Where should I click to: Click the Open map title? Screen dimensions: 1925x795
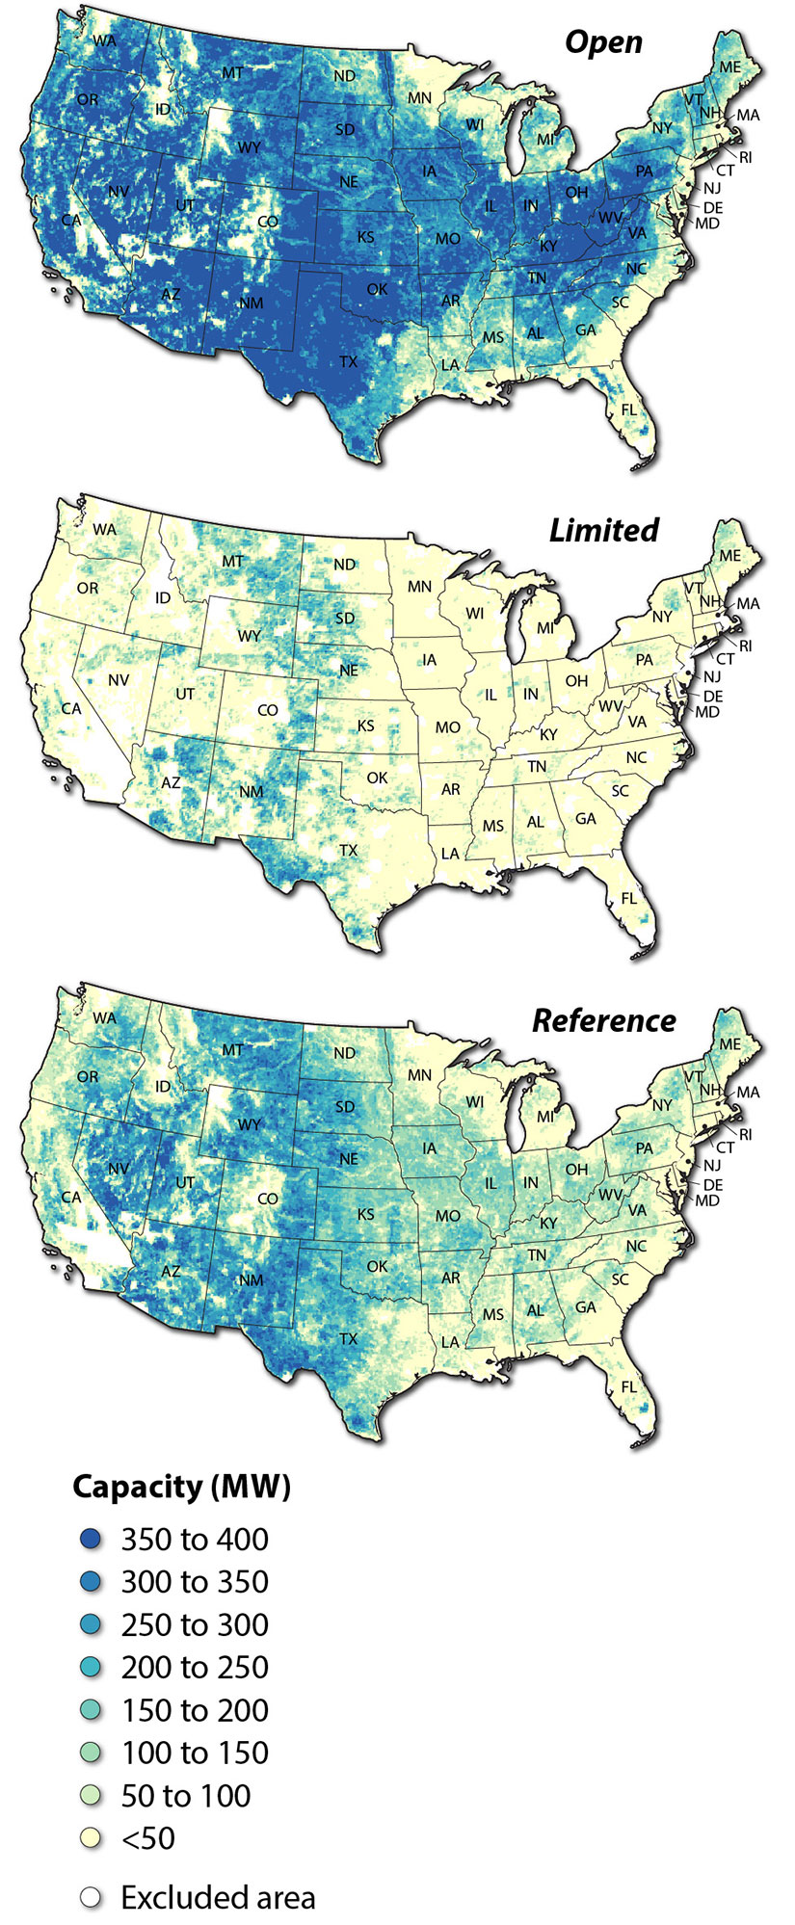tap(603, 41)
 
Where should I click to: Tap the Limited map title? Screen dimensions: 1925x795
tap(603, 530)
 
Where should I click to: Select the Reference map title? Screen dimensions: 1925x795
tap(603, 1020)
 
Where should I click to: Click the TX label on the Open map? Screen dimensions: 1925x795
tap(348, 362)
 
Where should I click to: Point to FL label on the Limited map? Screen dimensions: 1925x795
tap(629, 898)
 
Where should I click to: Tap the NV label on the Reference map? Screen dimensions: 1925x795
tap(119, 1169)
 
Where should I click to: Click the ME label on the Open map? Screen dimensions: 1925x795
tap(729, 66)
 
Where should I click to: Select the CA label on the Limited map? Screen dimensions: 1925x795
tap(71, 708)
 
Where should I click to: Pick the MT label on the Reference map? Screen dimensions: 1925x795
tap(232, 1050)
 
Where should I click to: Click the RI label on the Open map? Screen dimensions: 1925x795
tap(746, 156)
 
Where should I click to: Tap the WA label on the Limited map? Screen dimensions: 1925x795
tap(104, 530)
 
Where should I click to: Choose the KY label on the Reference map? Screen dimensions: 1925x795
tap(548, 1224)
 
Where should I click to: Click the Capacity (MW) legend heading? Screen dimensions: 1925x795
tap(181, 1487)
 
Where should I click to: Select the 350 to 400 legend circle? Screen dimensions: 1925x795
tap(91, 1540)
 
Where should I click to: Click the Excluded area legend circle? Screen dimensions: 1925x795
tap(91, 1897)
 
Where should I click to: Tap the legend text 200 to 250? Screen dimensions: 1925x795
tap(194, 1668)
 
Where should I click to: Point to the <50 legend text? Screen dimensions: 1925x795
tap(147, 1838)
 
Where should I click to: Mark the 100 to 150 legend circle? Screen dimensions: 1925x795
tap(91, 1754)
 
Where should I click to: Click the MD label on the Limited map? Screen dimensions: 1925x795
tap(707, 712)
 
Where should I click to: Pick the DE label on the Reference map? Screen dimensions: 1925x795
tap(713, 1184)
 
